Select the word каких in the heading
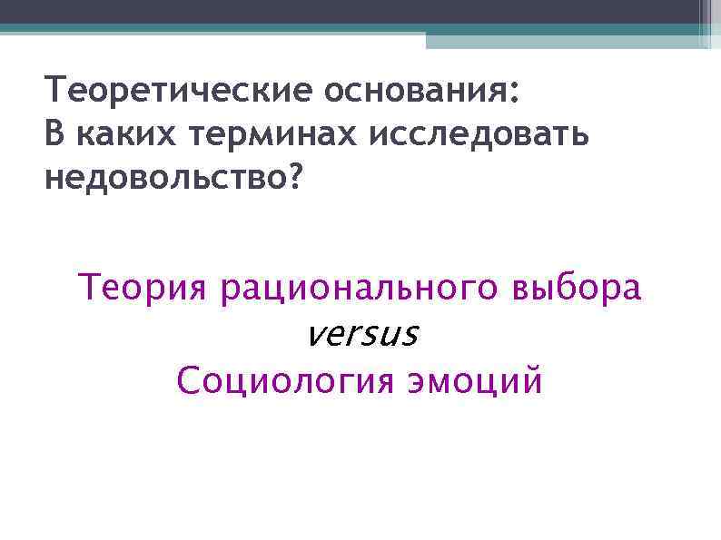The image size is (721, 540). [x=129, y=134]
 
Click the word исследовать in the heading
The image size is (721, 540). [x=479, y=134]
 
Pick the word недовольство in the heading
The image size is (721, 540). [x=163, y=178]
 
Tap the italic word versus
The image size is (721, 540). [x=362, y=335]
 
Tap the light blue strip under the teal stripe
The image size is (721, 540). [x=563, y=41]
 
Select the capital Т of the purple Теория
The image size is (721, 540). [x=90, y=289]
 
